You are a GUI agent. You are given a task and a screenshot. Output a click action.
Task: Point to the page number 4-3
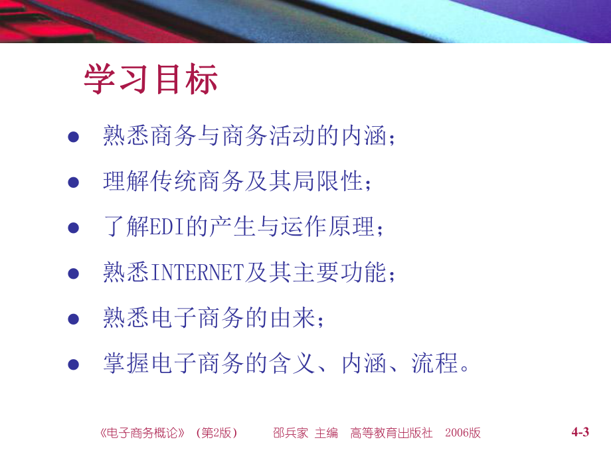point(580,433)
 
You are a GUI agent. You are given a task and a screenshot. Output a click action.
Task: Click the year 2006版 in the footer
point(464,433)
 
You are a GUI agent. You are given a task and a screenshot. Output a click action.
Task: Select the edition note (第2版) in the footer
point(216,433)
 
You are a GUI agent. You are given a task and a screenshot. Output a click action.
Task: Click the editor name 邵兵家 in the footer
point(291,433)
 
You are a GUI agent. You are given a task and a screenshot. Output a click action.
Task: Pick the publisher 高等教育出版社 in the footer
point(391,433)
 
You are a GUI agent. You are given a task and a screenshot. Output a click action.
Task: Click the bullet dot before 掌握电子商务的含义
point(74,364)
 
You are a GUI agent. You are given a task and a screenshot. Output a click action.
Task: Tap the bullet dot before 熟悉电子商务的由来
point(74,319)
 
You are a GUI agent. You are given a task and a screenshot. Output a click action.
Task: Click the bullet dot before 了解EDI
point(74,228)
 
